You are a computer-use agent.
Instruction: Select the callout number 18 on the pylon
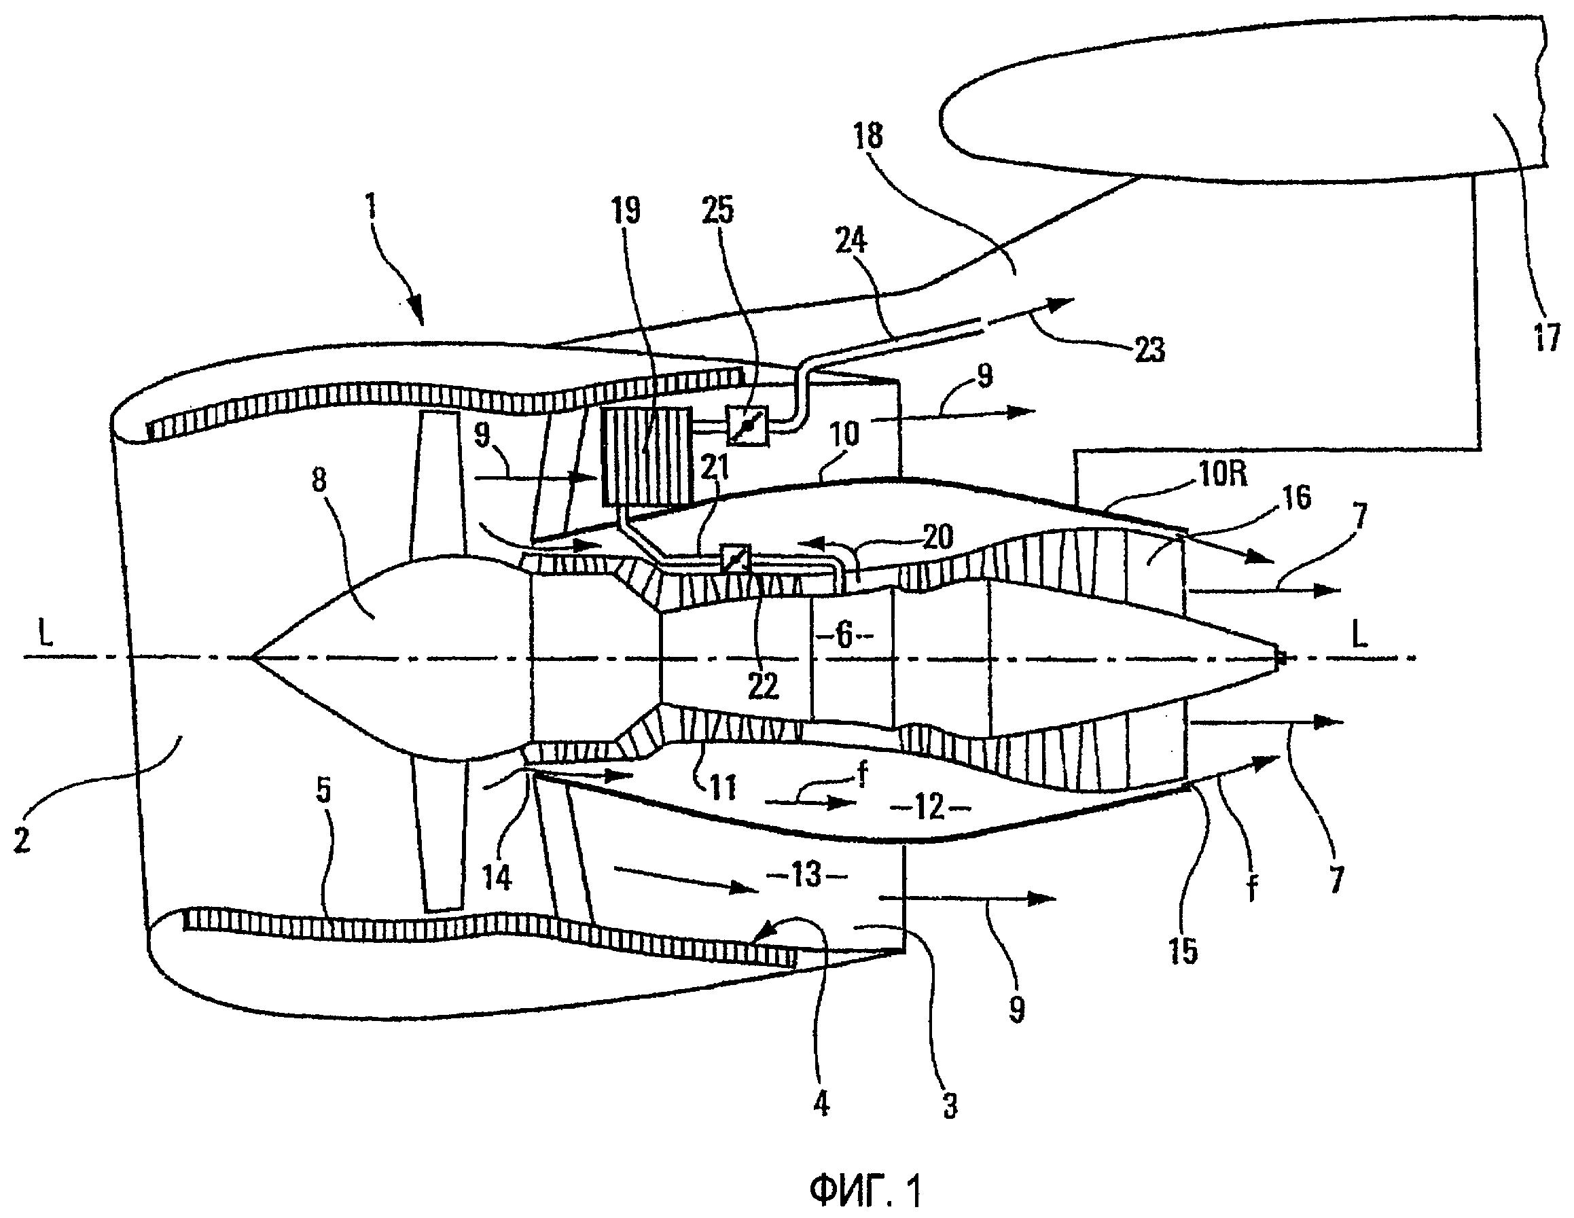(x=868, y=135)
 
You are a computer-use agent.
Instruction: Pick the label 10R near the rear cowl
(x=1221, y=474)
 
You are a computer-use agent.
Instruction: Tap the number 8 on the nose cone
(x=319, y=480)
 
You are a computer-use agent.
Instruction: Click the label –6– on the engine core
(x=844, y=636)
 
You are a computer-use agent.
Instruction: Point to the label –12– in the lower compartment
(x=930, y=807)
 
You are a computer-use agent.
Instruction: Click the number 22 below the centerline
(x=763, y=686)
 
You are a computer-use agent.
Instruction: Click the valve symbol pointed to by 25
(x=747, y=427)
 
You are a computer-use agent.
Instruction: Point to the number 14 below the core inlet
(x=497, y=878)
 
